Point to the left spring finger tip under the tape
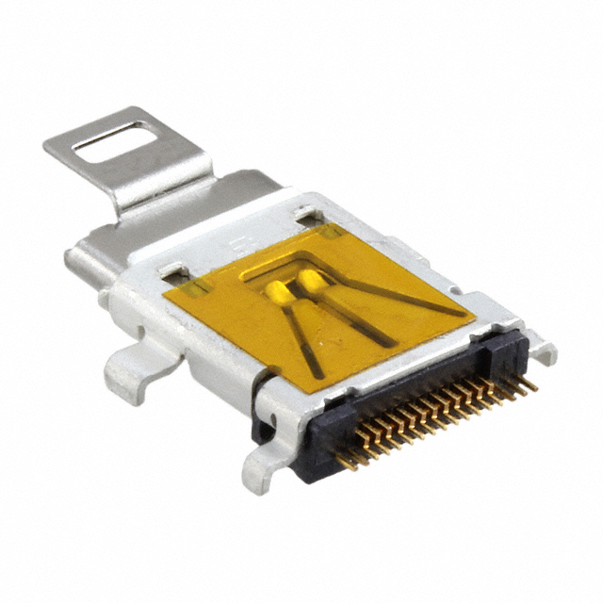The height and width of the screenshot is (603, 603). [280, 290]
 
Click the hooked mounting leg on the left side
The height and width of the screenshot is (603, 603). [127, 372]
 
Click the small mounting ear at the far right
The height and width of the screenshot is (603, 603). [543, 350]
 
